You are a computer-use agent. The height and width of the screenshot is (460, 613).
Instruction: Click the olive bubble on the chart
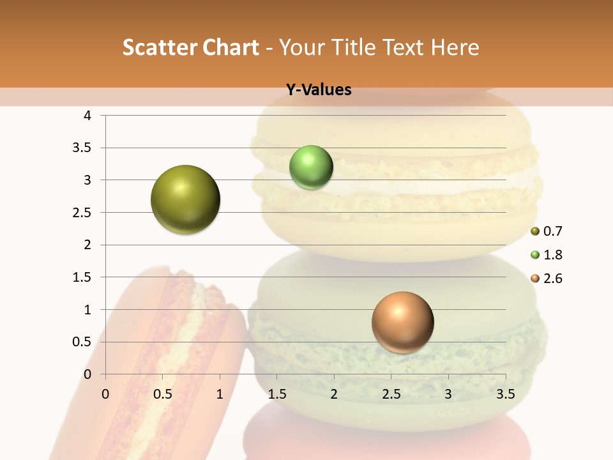(x=185, y=199)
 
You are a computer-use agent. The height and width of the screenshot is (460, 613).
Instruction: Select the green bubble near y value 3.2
(x=311, y=167)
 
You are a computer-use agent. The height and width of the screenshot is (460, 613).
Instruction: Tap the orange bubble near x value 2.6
(x=402, y=322)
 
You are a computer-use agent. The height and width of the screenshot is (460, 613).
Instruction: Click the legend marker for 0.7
(x=535, y=231)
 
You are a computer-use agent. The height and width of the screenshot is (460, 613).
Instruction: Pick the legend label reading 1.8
(x=553, y=255)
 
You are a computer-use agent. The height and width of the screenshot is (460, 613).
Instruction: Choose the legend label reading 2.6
(x=553, y=279)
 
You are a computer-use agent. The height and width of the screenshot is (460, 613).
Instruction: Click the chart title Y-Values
(x=319, y=90)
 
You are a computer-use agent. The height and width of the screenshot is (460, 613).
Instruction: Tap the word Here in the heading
(x=455, y=47)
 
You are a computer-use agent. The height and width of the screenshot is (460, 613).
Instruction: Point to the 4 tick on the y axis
(x=88, y=116)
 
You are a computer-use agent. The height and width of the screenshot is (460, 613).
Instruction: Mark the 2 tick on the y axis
(x=88, y=245)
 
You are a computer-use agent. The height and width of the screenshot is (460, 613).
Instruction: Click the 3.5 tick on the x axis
(x=506, y=394)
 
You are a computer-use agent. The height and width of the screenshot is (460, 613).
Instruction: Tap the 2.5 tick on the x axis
(x=391, y=394)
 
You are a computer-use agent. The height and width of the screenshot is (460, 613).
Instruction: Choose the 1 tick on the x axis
(x=220, y=394)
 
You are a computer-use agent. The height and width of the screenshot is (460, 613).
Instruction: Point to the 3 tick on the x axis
(x=448, y=394)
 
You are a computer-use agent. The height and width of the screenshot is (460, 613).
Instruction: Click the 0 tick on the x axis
(x=105, y=394)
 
